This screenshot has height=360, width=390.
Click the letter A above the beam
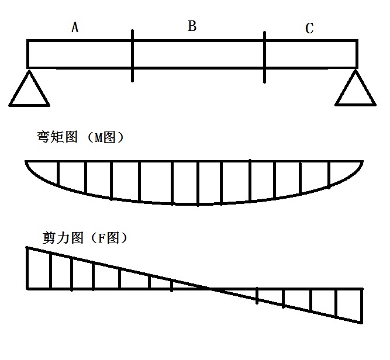[x=74, y=27]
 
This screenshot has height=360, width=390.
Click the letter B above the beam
[x=192, y=26]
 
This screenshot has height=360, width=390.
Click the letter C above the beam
[x=309, y=29]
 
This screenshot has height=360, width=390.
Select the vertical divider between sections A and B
[x=133, y=56]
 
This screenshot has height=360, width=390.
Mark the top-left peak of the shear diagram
[x=27, y=248]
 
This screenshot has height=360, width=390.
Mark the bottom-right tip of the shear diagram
[x=363, y=323]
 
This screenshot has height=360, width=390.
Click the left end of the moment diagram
[x=26, y=161]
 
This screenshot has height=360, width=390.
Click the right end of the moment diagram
[x=363, y=161]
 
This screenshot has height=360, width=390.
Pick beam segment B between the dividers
[x=199, y=53]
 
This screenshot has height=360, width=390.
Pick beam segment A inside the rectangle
[x=80, y=53]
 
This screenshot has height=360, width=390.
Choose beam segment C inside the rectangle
[x=311, y=53]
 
